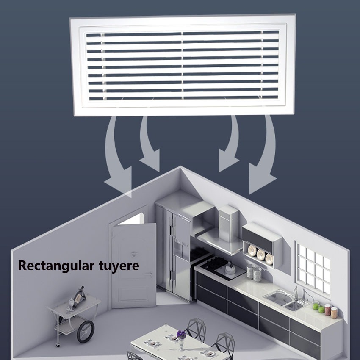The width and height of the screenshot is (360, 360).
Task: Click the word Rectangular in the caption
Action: pos(56,266)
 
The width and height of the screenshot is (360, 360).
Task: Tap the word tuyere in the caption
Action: pos(119,266)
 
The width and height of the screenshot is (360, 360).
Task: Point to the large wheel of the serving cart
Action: pos(86,332)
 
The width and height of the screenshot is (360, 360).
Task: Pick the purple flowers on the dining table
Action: pos(181,335)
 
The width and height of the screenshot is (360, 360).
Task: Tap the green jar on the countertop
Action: pos(316,306)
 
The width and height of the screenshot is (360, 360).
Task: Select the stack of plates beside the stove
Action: pos(254,273)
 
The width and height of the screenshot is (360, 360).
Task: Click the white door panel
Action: pos(134,265)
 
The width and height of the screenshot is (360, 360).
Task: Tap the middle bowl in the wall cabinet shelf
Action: pos(261,254)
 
